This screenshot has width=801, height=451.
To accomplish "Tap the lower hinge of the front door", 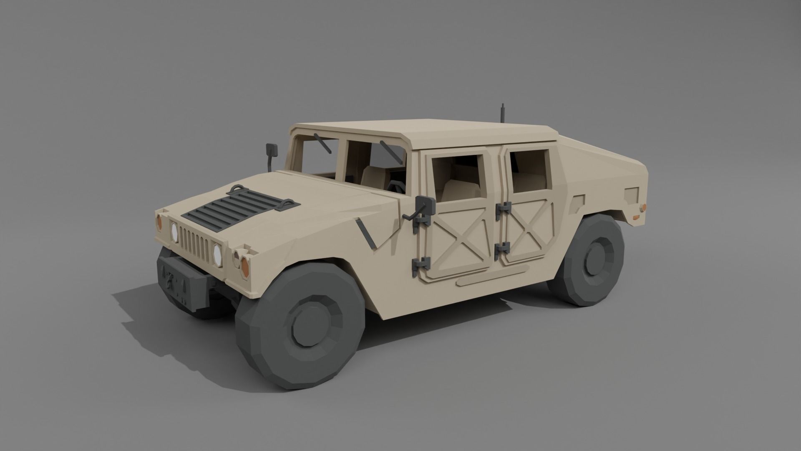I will [x=421, y=264].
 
